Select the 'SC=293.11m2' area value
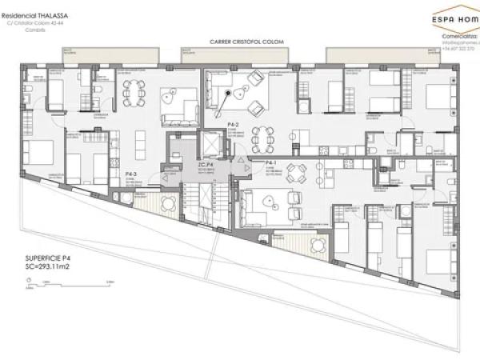point(54,266)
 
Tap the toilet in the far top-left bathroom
point(27,86)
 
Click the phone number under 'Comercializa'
point(458,48)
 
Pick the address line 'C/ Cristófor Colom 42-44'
point(35,23)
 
